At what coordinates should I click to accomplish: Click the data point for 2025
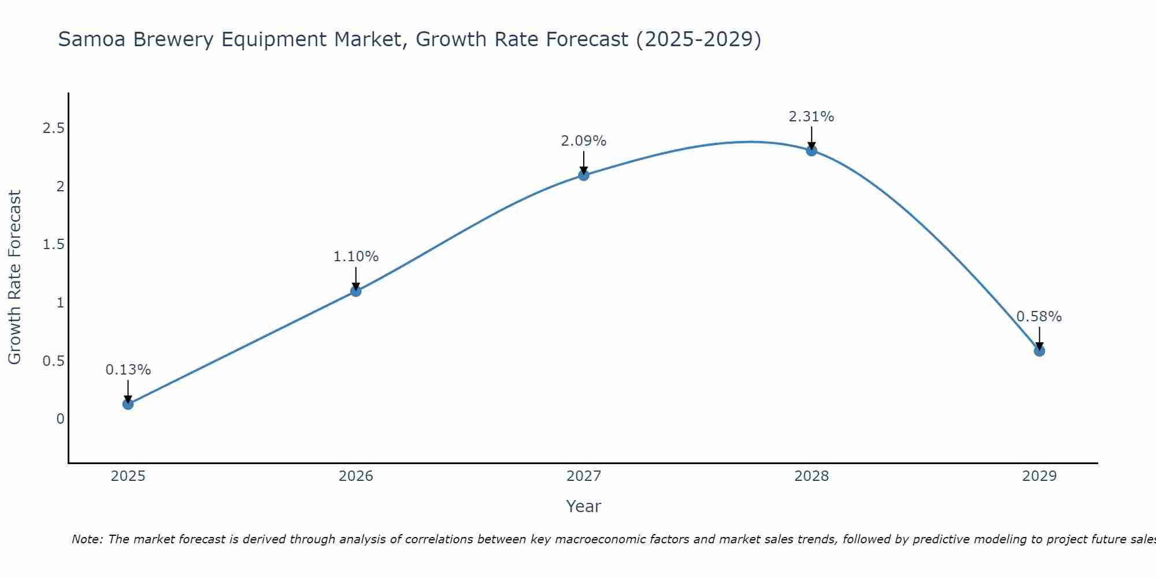click(x=128, y=404)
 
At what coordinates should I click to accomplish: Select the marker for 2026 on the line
click(x=356, y=291)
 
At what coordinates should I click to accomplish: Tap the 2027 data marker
click(x=584, y=175)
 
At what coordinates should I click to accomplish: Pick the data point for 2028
click(x=812, y=150)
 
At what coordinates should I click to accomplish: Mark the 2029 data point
click(x=1039, y=351)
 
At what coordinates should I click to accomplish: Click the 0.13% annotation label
click(x=128, y=370)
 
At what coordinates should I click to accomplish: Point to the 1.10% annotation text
click(x=356, y=257)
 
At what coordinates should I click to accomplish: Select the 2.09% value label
click(x=584, y=141)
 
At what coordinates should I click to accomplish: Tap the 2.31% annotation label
click(x=812, y=117)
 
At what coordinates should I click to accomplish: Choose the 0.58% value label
click(x=1039, y=317)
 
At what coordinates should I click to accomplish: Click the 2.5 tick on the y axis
click(x=53, y=128)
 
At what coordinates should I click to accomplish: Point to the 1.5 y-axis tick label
click(x=53, y=244)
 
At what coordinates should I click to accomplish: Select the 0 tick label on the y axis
click(x=60, y=418)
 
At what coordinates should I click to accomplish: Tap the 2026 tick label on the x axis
click(x=356, y=476)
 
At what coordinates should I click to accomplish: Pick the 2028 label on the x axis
click(x=812, y=476)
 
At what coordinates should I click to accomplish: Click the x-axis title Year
click(x=584, y=506)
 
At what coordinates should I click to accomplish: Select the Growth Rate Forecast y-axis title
click(x=14, y=277)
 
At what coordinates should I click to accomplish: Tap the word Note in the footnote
click(x=87, y=539)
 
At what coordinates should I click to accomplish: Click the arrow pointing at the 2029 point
click(x=1039, y=338)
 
